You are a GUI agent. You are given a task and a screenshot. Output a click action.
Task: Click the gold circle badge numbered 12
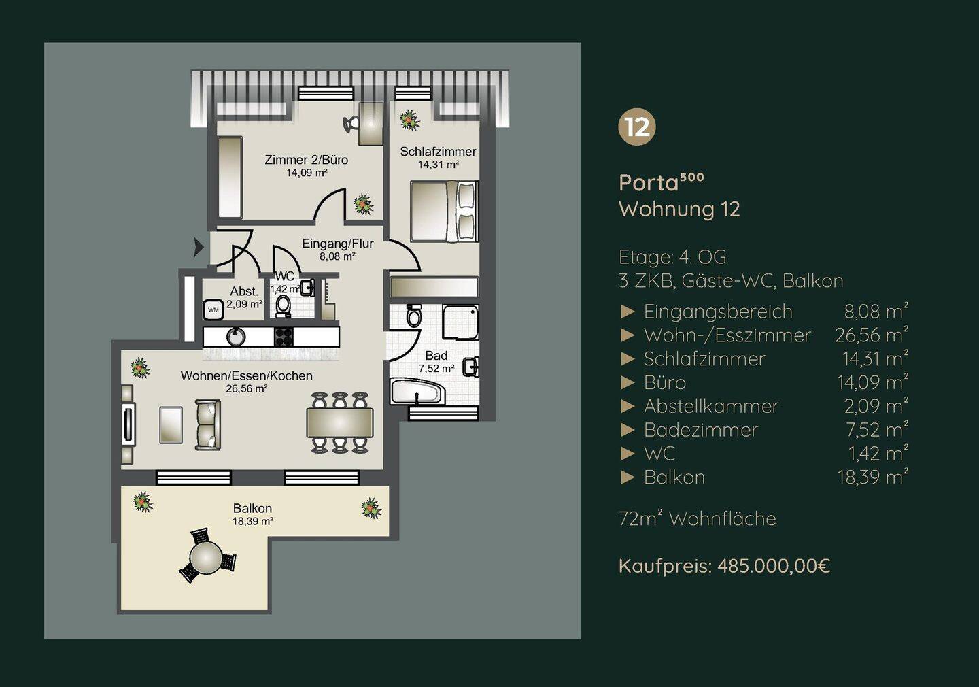[637, 127]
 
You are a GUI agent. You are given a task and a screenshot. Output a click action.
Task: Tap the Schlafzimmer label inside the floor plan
[438, 152]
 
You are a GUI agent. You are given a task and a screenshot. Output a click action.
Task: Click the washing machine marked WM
[213, 310]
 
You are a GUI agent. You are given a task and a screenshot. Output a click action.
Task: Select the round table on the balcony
[207, 558]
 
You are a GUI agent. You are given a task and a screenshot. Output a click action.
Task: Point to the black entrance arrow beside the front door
[199, 247]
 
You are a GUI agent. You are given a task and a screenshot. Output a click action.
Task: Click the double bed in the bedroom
[444, 212]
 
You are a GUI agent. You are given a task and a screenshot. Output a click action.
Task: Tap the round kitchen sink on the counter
[236, 337]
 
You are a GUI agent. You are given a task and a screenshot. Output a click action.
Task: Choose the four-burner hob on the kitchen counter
[284, 337]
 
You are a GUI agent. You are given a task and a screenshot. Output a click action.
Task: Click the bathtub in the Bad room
[417, 392]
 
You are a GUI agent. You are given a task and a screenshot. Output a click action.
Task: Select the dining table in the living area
[340, 423]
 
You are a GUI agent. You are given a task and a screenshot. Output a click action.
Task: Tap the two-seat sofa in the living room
[207, 424]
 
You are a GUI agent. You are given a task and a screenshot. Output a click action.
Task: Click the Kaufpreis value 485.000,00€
[774, 566]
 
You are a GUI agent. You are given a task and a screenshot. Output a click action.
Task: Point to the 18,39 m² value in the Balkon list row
[872, 477]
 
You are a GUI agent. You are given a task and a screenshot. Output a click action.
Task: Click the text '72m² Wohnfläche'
[698, 518]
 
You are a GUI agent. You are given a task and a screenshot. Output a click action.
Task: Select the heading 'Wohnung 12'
[680, 209]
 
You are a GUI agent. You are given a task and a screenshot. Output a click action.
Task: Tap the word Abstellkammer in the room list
[711, 406]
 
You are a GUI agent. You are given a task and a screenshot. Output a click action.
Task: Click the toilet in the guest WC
[284, 305]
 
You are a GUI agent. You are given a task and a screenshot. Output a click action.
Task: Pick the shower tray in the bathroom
[460, 322]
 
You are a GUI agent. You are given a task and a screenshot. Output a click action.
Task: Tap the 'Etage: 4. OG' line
[672, 257]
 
